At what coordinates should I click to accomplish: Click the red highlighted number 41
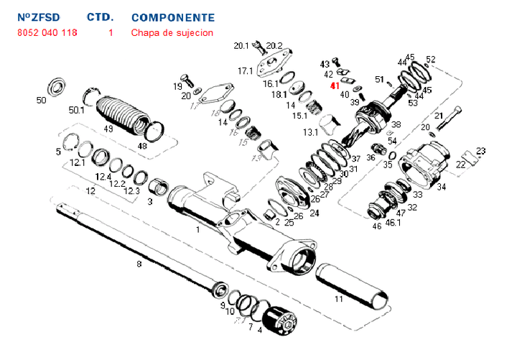pos(334,86)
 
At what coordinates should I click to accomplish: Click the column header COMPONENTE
pos(173,17)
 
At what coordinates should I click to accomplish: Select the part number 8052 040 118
pos(47,33)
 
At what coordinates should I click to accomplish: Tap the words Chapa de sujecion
pos(172,33)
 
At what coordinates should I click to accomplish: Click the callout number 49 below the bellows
pos(109,129)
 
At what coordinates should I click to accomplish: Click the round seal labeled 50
pos(57,88)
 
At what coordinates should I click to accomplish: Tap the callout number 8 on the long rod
pos(139,264)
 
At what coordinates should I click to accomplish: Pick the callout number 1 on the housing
pos(198,229)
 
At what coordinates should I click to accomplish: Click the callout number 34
pos(442,188)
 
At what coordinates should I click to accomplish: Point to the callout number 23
pos(480,151)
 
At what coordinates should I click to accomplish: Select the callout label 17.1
pos(246,71)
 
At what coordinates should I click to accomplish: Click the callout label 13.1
pos(310,133)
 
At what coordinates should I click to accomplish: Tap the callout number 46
pos(377,226)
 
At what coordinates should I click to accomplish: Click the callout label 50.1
pos(77,110)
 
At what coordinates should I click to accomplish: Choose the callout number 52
pos(431,60)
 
